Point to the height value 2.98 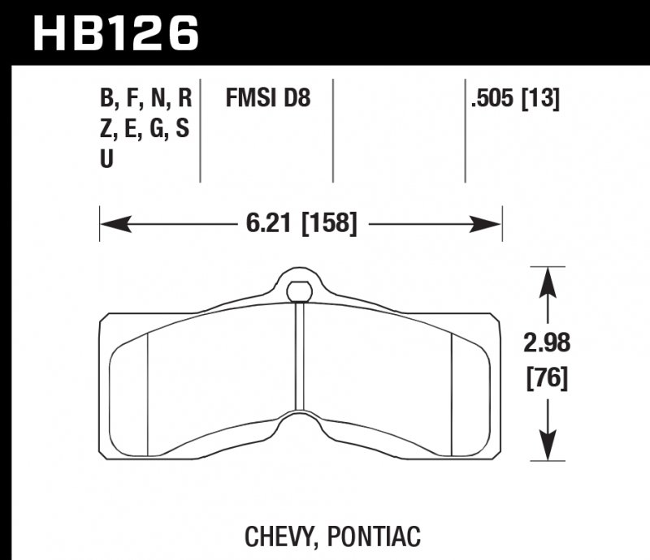coord(546,343)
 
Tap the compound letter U coord(106,160)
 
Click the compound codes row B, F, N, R coord(145,100)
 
